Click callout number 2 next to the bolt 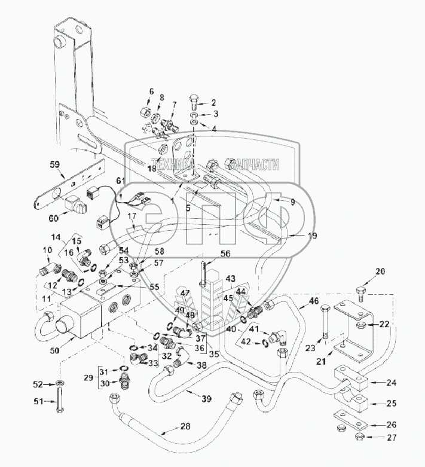(213, 103)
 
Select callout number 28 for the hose (170, 426)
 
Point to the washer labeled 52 (61, 383)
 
